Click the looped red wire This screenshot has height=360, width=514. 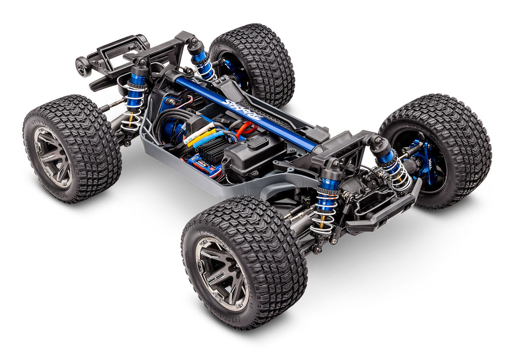coord(247,127)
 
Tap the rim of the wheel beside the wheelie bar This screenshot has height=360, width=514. coord(53,156)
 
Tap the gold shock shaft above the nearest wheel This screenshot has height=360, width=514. coord(321,221)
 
